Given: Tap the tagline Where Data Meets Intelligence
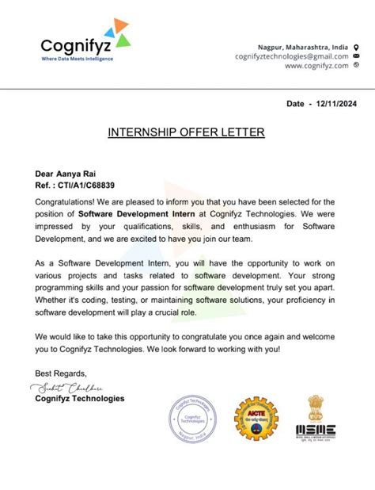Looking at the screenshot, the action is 77,58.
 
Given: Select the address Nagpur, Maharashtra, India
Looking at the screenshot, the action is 303,47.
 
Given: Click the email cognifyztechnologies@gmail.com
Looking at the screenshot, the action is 291,56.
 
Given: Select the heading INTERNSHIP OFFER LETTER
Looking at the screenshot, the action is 187,132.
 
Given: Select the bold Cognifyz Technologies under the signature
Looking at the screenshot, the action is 79,398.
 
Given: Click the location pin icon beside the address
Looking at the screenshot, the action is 357,47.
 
